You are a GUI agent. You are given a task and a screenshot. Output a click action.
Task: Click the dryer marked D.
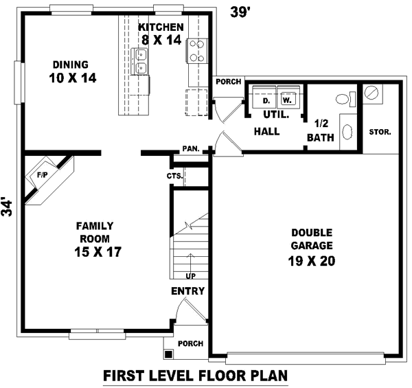(x=266, y=100)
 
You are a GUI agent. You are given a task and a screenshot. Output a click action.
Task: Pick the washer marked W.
(x=287, y=100)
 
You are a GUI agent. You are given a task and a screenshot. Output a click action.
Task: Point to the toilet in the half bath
(x=347, y=99)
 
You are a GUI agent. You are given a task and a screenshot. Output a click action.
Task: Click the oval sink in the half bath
(x=346, y=131)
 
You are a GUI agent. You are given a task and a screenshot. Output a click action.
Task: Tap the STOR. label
(x=380, y=132)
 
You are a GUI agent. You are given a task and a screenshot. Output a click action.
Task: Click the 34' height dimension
(x=8, y=208)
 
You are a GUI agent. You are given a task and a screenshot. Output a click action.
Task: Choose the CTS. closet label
(x=174, y=176)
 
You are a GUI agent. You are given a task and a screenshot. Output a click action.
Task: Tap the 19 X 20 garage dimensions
(x=311, y=261)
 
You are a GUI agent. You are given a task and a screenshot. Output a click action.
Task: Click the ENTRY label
(x=188, y=291)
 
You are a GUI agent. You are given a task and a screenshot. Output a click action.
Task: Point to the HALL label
(x=266, y=131)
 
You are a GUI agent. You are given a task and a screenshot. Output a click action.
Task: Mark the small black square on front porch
(x=168, y=354)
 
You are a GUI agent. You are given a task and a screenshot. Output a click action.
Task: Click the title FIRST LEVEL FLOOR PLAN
(x=194, y=376)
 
